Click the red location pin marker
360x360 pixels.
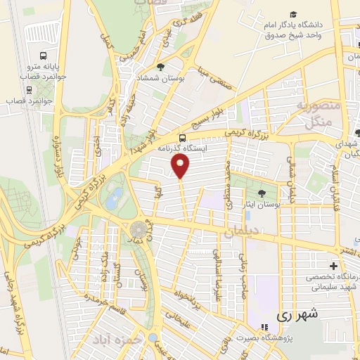[x=181, y=166]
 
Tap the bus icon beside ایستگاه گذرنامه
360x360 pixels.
[x=183, y=137]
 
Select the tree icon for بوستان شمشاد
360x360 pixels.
[x=162, y=67]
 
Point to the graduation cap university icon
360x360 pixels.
[x=292, y=15]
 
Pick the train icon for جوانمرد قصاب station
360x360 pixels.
[x=29, y=90]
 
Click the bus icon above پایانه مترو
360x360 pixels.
[x=44, y=56]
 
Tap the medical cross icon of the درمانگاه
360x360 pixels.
[x=333, y=266]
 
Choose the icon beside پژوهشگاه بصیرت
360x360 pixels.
[x=264, y=328]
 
